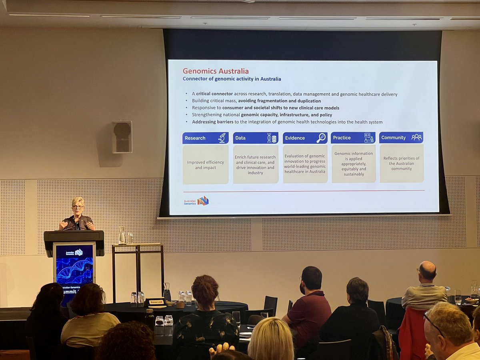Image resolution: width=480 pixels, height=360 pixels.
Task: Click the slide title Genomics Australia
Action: pyautogui.click(x=216, y=71)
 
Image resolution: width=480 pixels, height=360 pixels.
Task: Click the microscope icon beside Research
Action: pyautogui.click(x=222, y=138)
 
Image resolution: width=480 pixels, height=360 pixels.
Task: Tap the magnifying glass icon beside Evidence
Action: pyautogui.click(x=321, y=138)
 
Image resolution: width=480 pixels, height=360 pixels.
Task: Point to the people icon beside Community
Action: pyautogui.click(x=416, y=137)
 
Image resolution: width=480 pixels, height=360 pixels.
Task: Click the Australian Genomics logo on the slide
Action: pyautogui.click(x=196, y=201)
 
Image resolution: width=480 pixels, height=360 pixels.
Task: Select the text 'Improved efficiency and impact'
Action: pyautogui.click(x=205, y=165)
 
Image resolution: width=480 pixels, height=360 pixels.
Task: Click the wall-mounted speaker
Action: pyautogui.click(x=122, y=137)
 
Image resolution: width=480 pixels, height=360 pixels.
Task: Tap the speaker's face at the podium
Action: pyautogui.click(x=78, y=208)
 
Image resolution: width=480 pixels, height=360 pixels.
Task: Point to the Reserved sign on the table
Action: pyautogui.click(x=156, y=302)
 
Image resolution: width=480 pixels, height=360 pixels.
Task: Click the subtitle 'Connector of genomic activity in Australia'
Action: pyautogui.click(x=232, y=79)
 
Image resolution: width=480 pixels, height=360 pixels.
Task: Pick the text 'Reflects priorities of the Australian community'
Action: pyautogui.click(x=401, y=164)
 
